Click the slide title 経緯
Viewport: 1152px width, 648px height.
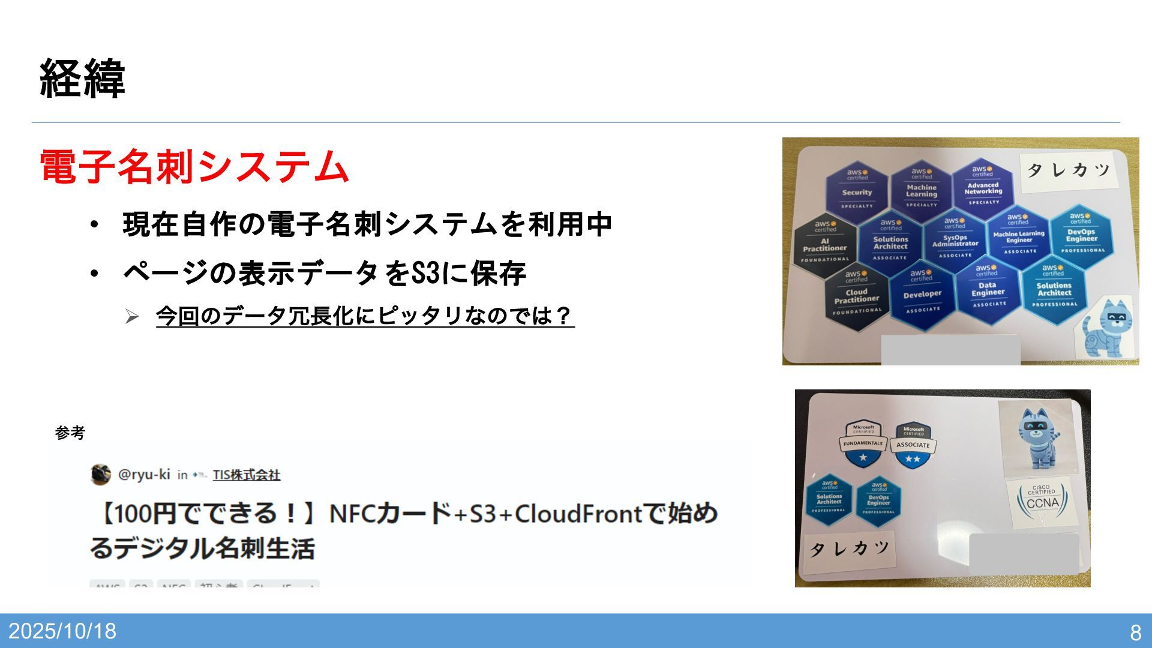pyautogui.click(x=82, y=79)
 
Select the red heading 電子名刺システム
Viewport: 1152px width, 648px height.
pyautogui.click(x=194, y=166)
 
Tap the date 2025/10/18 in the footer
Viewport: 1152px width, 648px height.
pyautogui.click(x=62, y=631)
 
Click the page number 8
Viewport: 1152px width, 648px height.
pyautogui.click(x=1135, y=632)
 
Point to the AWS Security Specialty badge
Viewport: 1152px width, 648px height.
pyautogui.click(x=857, y=188)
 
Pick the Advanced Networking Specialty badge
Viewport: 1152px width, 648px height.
pyautogui.click(x=983, y=185)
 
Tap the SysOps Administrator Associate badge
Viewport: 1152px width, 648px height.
pyautogui.click(x=955, y=239)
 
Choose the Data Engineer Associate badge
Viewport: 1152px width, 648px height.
pyautogui.click(x=988, y=289)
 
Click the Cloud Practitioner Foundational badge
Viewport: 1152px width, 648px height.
pyautogui.click(x=857, y=296)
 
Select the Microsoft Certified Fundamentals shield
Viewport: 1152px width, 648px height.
pyautogui.click(x=863, y=445)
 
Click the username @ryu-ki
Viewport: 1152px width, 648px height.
pyautogui.click(x=144, y=475)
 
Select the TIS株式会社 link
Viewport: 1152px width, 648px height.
pyautogui.click(x=246, y=475)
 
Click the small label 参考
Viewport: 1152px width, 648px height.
pyautogui.click(x=70, y=433)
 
